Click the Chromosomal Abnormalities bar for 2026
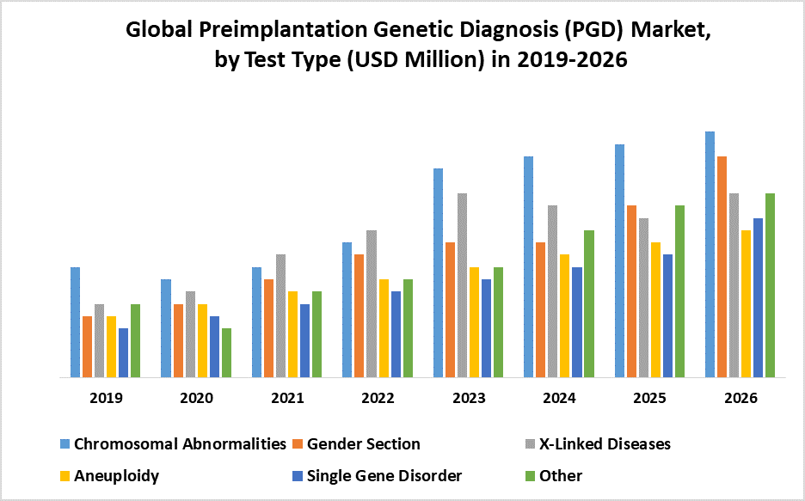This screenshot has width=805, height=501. click(710, 254)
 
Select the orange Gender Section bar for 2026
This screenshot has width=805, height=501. click(722, 266)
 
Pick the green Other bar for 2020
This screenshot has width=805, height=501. click(226, 352)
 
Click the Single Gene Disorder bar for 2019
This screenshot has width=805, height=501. click(123, 352)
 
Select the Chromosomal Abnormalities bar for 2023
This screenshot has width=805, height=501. click(438, 272)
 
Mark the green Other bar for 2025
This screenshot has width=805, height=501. click(679, 291)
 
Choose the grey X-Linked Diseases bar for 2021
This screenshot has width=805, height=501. click(280, 315)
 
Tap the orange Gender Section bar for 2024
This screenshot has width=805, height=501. click(541, 309)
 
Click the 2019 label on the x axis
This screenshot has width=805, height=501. click(106, 399)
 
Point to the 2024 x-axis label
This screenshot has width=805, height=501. click(559, 399)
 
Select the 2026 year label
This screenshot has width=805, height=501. click(740, 399)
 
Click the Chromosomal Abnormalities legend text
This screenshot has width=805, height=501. click(180, 444)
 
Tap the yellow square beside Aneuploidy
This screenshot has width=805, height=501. click(65, 476)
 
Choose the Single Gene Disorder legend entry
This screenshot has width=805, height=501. click(384, 476)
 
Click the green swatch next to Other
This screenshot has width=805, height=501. click(530, 476)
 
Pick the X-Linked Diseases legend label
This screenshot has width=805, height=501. click(605, 444)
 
